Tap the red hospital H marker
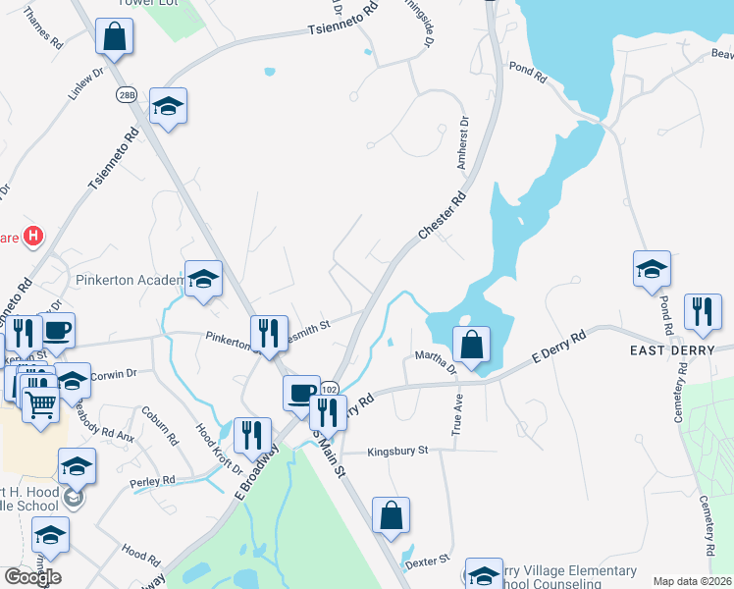(33, 236)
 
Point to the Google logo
(32, 576)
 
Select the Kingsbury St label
(398, 452)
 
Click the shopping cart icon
(40, 402)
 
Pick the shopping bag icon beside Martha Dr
(471, 344)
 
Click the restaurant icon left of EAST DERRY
(701, 311)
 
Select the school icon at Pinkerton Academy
(203, 279)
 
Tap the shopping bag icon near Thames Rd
(115, 36)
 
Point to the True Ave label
(456, 415)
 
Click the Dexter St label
(428, 559)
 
